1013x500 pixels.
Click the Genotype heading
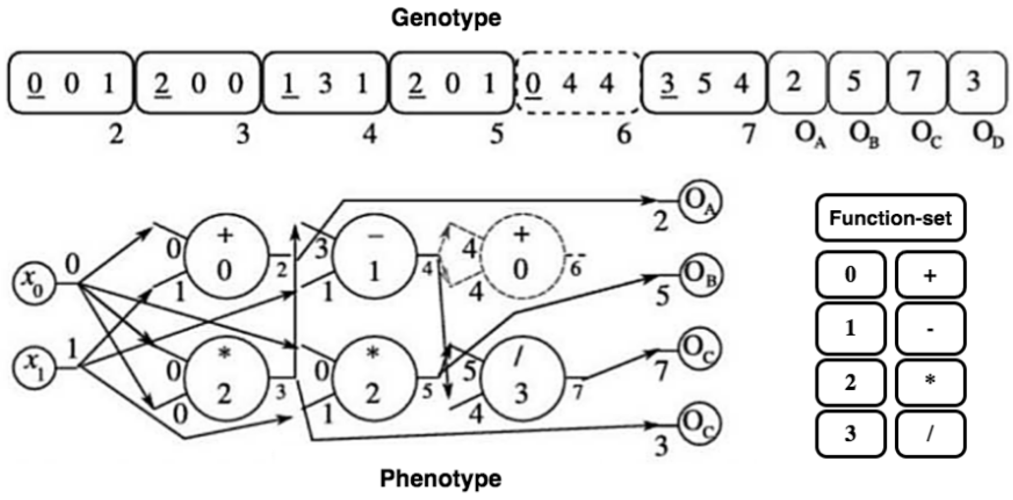pos(446,18)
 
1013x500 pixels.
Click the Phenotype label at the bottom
pos(441,479)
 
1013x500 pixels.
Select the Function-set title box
pos(891,217)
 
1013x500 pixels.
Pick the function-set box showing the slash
pos(930,434)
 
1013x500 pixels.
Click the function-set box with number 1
pos(850,328)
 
